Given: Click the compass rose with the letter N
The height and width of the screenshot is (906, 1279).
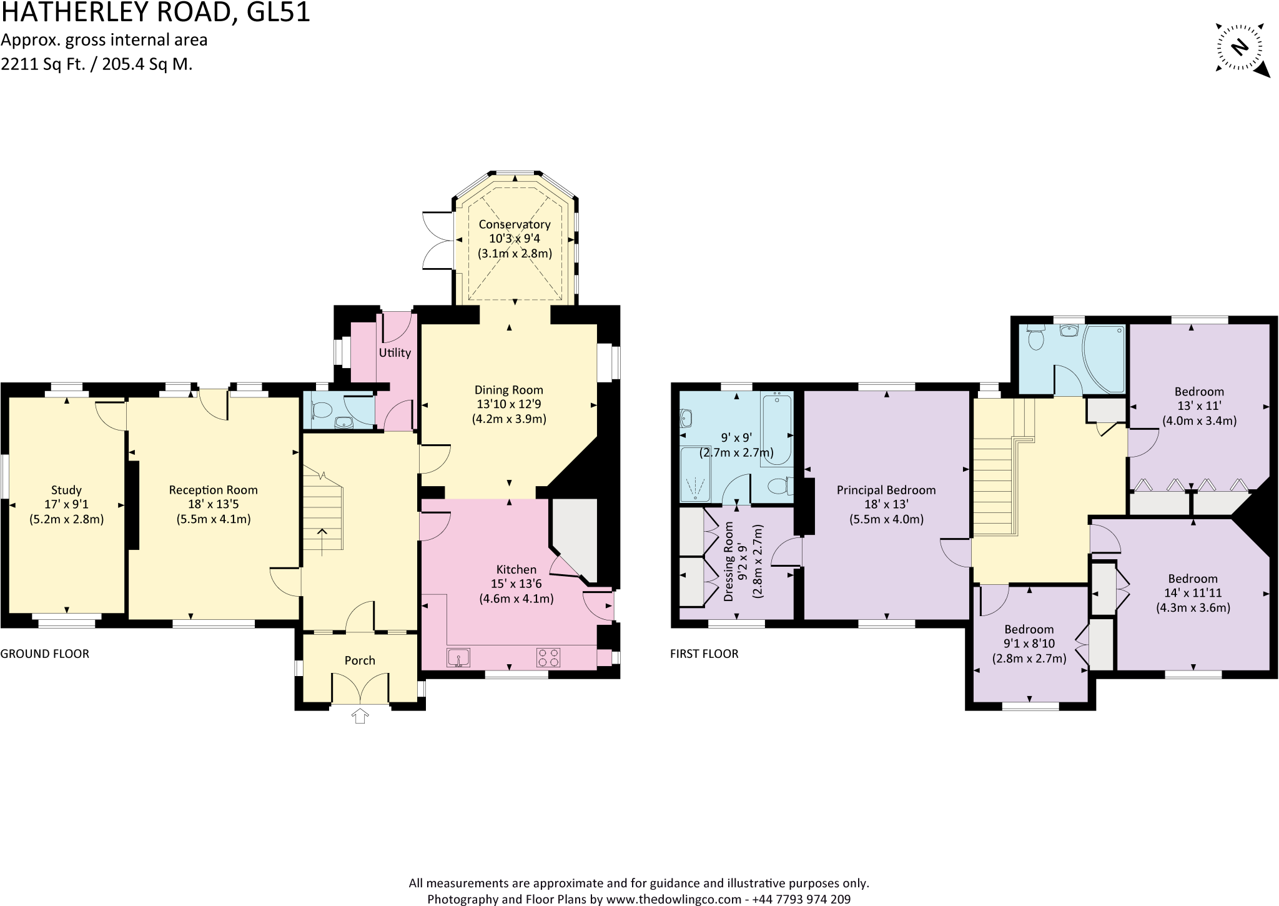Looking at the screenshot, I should tap(1240, 47).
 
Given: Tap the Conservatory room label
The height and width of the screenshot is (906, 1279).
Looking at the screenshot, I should tap(515, 224).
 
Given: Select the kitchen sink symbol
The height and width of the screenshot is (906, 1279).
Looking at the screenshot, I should tap(458, 658).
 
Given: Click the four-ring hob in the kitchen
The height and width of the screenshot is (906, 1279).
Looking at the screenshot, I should tap(548, 658).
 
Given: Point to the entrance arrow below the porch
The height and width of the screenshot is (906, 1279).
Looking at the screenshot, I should tap(360, 716).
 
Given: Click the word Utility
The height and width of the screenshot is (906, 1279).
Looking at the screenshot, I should tap(395, 353).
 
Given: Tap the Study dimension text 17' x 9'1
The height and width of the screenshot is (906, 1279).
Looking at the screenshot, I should tap(67, 505).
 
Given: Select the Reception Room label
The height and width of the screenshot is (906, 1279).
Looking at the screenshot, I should tap(213, 490).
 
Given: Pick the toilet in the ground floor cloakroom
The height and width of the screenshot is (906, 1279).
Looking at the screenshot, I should tap(322, 411).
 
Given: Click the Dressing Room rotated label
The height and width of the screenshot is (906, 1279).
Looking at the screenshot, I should tap(729, 562).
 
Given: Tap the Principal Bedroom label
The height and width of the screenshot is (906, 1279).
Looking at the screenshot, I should tap(886, 490).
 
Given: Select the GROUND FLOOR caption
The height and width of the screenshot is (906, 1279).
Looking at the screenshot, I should tap(45, 654).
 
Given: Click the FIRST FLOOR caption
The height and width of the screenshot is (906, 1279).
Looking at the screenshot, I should tap(704, 654).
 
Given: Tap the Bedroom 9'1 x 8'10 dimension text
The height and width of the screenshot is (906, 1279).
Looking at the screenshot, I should tap(1029, 644).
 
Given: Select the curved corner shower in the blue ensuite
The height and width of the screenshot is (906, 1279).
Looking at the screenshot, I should tap(1104, 359).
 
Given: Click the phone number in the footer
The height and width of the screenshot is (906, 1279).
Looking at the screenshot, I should tap(801, 899).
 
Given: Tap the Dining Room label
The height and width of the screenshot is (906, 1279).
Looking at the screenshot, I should tap(509, 390).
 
